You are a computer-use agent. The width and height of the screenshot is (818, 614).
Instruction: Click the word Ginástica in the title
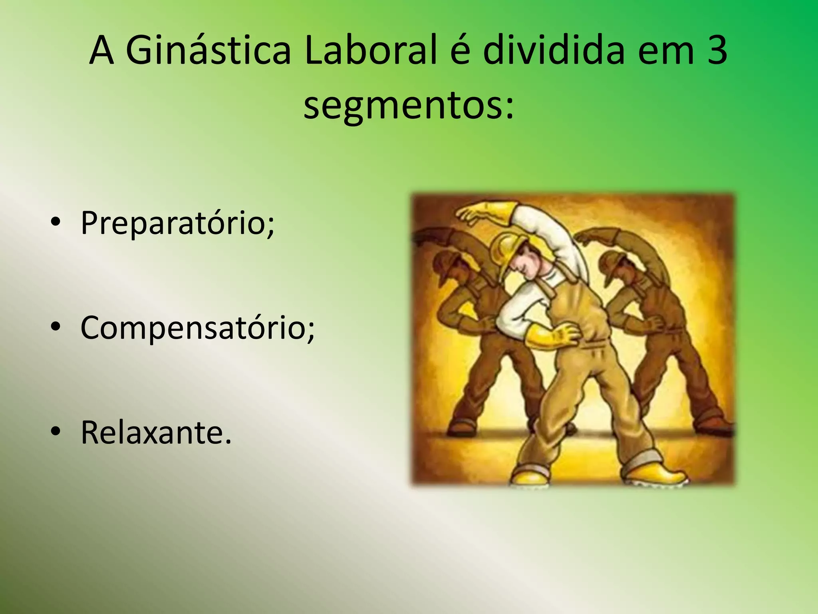pos(208,52)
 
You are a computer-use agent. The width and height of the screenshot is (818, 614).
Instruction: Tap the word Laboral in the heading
pos(370,52)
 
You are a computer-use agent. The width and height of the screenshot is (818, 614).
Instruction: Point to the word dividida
pos(554,52)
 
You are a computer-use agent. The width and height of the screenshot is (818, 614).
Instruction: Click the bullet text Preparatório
pos(178,223)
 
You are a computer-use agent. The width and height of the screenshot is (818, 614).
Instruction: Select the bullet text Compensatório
pos(198,328)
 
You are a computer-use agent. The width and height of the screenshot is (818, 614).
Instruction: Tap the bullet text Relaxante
pos(156,433)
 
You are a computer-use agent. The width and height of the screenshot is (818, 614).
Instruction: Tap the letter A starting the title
pos(102,52)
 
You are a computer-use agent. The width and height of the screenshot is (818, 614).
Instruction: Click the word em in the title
pos(665,52)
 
